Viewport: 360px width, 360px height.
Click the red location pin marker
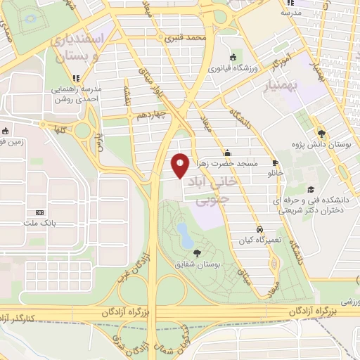point(180,166)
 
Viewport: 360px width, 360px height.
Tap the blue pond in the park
point(185,234)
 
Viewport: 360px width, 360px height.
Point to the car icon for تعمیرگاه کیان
point(259,229)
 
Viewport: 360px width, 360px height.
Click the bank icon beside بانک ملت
point(39,212)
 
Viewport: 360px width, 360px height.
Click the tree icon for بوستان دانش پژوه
point(321,132)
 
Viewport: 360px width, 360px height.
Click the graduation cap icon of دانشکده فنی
point(311,188)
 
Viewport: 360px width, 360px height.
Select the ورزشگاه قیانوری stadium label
point(233,69)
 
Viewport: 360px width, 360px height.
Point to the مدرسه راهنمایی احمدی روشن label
point(75,94)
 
